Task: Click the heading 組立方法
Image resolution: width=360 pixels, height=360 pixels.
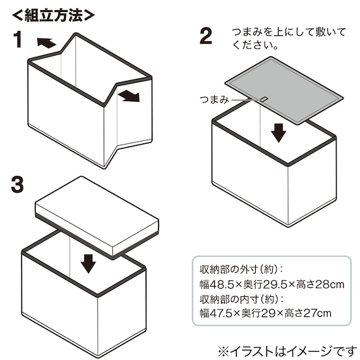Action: pos(53,15)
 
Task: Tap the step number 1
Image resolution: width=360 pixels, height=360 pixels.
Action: pos(18,40)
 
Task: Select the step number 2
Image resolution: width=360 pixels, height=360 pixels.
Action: pos(206,36)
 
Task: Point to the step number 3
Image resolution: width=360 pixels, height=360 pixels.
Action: pos(17,184)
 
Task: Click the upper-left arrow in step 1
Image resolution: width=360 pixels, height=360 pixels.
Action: pos(46,43)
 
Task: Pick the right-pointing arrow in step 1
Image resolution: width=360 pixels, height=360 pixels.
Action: pos(129,96)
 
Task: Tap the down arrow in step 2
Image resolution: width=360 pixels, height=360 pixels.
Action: pos(279,133)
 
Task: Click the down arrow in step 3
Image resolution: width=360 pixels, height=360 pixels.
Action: pos(88,263)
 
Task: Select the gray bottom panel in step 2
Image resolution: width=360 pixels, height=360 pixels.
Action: pos(284,91)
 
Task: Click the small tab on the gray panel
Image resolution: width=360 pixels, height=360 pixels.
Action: pos(264,99)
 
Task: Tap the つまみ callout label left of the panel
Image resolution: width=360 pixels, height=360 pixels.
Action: pos(214,100)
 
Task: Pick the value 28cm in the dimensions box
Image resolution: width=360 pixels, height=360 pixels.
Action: pos(330,285)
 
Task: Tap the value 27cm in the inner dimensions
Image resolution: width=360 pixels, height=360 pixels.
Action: pos(317,313)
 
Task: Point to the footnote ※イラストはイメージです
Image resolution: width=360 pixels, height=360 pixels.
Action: pos(287,352)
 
